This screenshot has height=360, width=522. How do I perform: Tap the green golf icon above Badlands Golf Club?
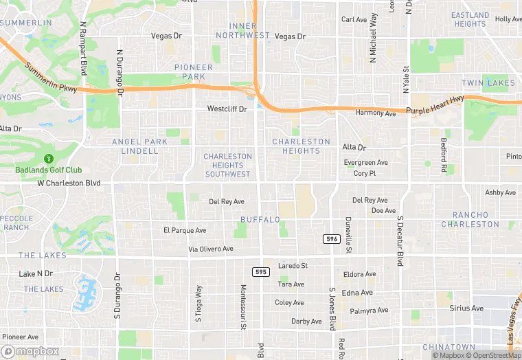tap(49, 159)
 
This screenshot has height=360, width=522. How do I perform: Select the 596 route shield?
tap(331, 238)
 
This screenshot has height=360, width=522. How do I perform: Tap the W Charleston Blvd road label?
tap(69, 183)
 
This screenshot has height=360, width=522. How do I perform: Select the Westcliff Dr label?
tap(227, 109)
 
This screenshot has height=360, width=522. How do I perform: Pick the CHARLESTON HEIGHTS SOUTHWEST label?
tap(227, 165)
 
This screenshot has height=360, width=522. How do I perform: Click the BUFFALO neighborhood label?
tap(260, 219)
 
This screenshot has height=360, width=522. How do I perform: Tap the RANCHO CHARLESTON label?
tap(470, 219)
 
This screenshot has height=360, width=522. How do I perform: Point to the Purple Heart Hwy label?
tap(435, 105)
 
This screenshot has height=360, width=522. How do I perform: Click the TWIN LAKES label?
tap(488, 83)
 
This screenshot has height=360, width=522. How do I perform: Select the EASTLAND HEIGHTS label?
tap(470, 19)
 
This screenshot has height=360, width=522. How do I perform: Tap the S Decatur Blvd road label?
tap(399, 241)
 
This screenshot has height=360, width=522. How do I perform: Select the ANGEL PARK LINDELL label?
tap(139, 146)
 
